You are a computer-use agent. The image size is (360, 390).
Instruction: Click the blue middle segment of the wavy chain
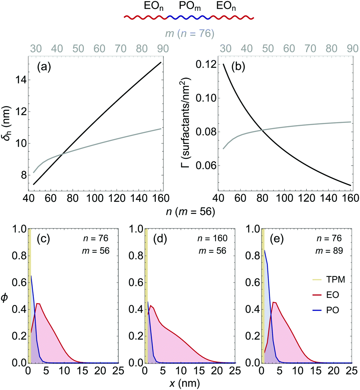coord(188,17)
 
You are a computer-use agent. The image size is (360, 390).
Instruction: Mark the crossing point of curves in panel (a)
coord(63,153)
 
